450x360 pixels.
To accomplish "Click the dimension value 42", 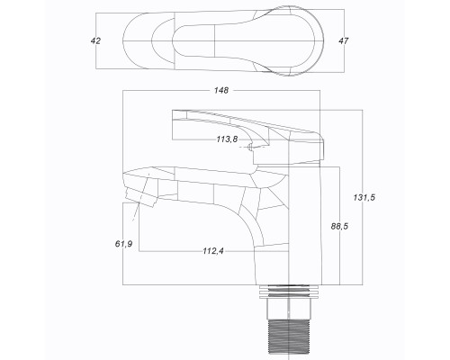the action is (95, 40).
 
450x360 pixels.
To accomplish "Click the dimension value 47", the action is (344, 40).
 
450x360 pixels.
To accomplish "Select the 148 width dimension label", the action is (221, 90).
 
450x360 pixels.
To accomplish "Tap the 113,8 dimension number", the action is (227, 139).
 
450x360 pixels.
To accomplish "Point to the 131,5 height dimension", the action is (364, 197).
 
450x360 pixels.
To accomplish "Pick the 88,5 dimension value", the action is (339, 227).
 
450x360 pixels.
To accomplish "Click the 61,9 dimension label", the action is (123, 244).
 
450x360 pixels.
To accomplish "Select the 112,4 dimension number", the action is (213, 251).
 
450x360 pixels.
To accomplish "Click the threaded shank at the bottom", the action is (288, 339).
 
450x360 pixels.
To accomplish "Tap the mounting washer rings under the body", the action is (288, 292).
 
